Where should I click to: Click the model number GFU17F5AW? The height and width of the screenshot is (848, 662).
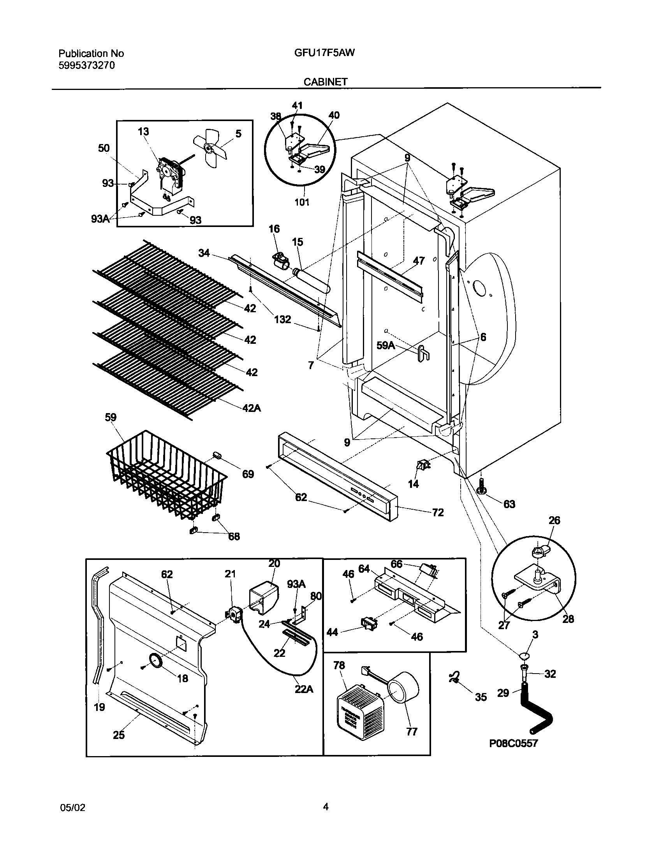coord(324,53)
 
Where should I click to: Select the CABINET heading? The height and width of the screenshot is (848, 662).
coord(326,82)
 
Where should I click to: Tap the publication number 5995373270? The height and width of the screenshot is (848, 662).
coord(87,65)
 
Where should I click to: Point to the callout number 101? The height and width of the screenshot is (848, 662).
coord(302,202)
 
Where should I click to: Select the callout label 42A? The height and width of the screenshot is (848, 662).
coord(252,408)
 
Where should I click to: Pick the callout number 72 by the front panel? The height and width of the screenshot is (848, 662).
coord(438,512)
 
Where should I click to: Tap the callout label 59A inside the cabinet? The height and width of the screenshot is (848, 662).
coord(386,345)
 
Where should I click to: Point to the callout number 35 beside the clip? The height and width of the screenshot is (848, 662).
coord(481,697)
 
